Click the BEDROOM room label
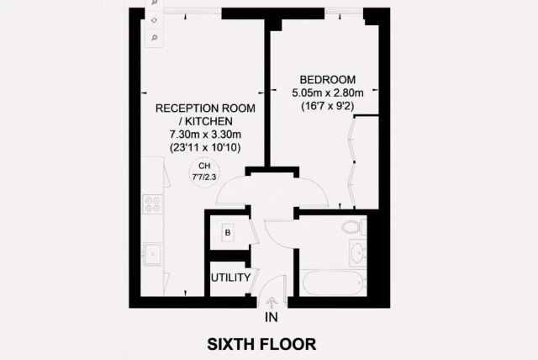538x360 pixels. (x=328, y=80)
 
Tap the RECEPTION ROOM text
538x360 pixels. (x=205, y=109)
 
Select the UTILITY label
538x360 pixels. (x=230, y=278)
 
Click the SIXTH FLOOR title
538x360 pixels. (x=261, y=344)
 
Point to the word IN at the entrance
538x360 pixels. (x=271, y=317)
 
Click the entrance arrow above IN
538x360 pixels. (x=272, y=303)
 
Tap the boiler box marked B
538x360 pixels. (x=228, y=233)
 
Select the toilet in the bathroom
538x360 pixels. (x=354, y=227)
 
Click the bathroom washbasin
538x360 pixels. (x=357, y=253)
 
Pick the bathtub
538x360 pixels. (x=333, y=283)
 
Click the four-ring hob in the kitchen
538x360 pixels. (x=152, y=204)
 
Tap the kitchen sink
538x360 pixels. (x=152, y=254)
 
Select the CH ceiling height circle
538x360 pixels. (x=204, y=172)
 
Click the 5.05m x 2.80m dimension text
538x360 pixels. (x=328, y=93)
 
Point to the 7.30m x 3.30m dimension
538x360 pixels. (x=205, y=134)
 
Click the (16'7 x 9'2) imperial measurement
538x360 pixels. (x=328, y=106)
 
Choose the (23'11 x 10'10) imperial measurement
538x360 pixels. (x=205, y=147)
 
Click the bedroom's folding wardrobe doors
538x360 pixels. (x=351, y=162)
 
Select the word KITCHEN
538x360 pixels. (x=208, y=121)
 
